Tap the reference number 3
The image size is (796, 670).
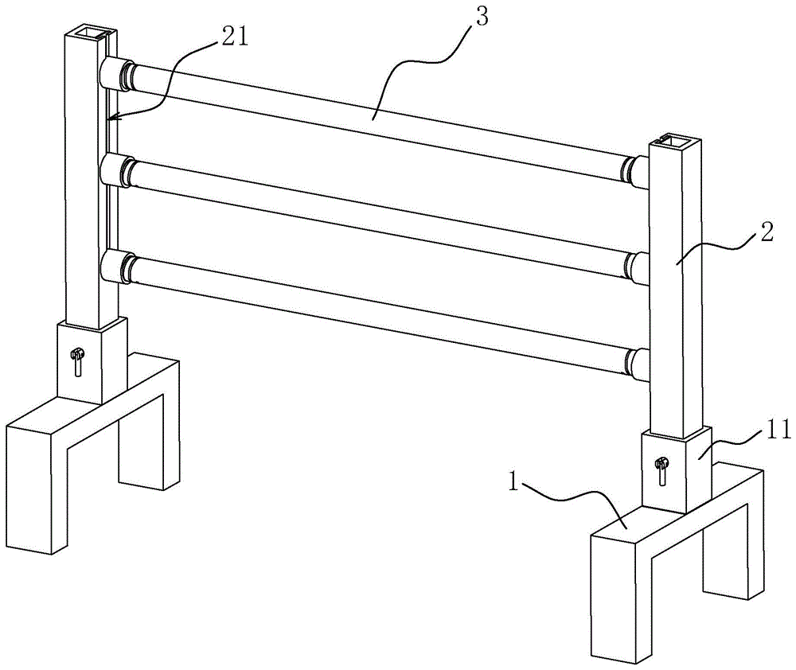pyautogui.click(x=482, y=17)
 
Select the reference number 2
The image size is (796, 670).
pyautogui.click(x=767, y=233)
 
